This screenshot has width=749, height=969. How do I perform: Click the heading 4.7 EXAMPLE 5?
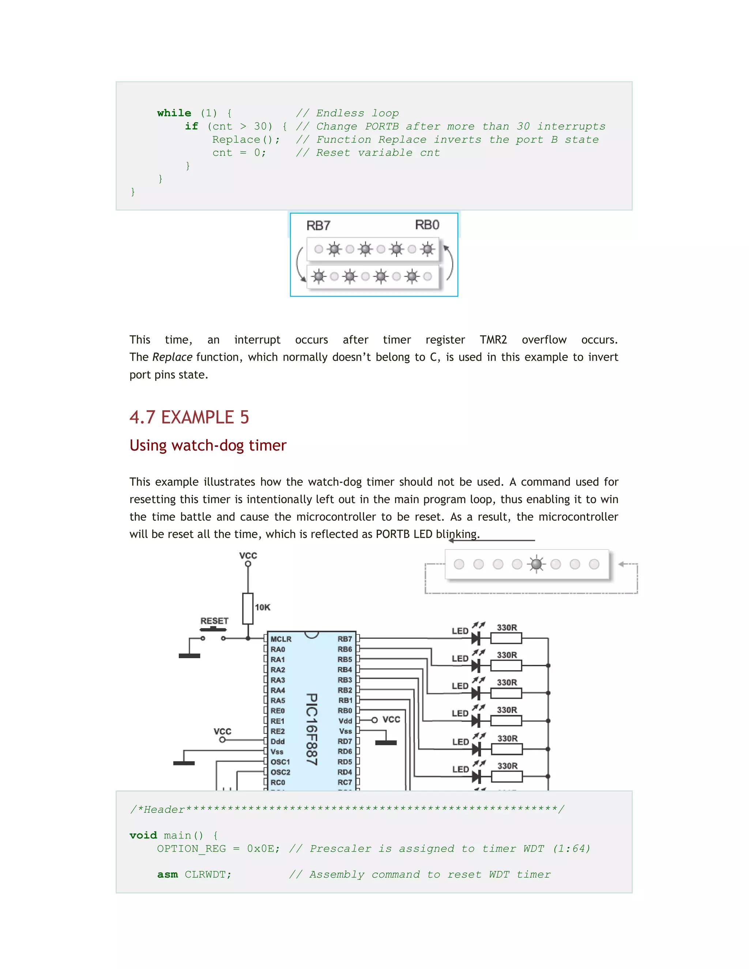(189, 417)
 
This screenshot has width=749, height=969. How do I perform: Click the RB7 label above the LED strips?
(318, 225)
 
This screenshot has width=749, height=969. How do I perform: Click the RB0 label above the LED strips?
(427, 225)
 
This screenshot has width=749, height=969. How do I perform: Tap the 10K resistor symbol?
(248, 608)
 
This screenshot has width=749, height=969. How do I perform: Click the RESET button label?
(214, 621)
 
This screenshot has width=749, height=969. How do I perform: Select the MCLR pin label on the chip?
(281, 639)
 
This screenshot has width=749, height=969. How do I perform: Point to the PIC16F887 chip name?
(312, 729)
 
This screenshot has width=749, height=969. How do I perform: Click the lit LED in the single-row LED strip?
(536, 564)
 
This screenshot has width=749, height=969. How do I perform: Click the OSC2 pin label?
(281, 772)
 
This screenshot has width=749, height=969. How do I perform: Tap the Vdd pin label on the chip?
(345, 721)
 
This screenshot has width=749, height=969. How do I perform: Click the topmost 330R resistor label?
(507, 627)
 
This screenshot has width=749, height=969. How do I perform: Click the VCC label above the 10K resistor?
(248, 555)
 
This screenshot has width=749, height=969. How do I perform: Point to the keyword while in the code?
(174, 113)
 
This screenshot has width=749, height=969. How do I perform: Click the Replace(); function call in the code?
(246, 140)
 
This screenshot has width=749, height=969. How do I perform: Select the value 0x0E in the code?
(260, 849)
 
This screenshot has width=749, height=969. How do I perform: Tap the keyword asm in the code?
(167, 875)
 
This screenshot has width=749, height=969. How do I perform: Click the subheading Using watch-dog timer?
(208, 445)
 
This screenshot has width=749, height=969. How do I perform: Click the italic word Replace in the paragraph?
(172, 357)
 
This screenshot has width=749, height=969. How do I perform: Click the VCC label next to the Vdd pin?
(391, 719)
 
